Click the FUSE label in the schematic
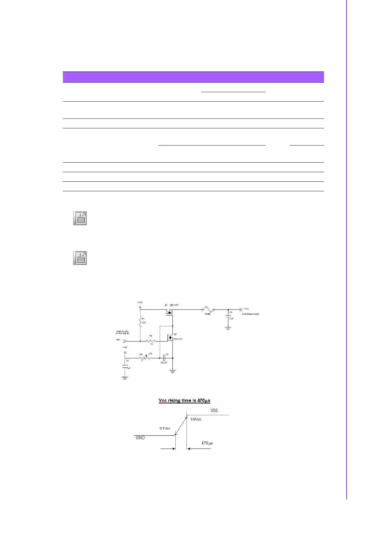pos(207,314)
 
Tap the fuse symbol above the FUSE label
pos(207,309)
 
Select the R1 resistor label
pos(143,318)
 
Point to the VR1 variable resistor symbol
pos(144,358)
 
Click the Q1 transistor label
pos(166,305)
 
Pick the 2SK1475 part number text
pos(174,305)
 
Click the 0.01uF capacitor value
pos(164,362)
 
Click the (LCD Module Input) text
pos(250,314)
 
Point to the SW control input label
pos(118,340)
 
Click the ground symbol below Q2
pos(172,372)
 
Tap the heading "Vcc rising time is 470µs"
pos(184,401)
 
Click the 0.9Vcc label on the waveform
pos(196,419)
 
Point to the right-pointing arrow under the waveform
pos(168,449)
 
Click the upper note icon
pos(80,219)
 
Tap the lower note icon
pos(80,258)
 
